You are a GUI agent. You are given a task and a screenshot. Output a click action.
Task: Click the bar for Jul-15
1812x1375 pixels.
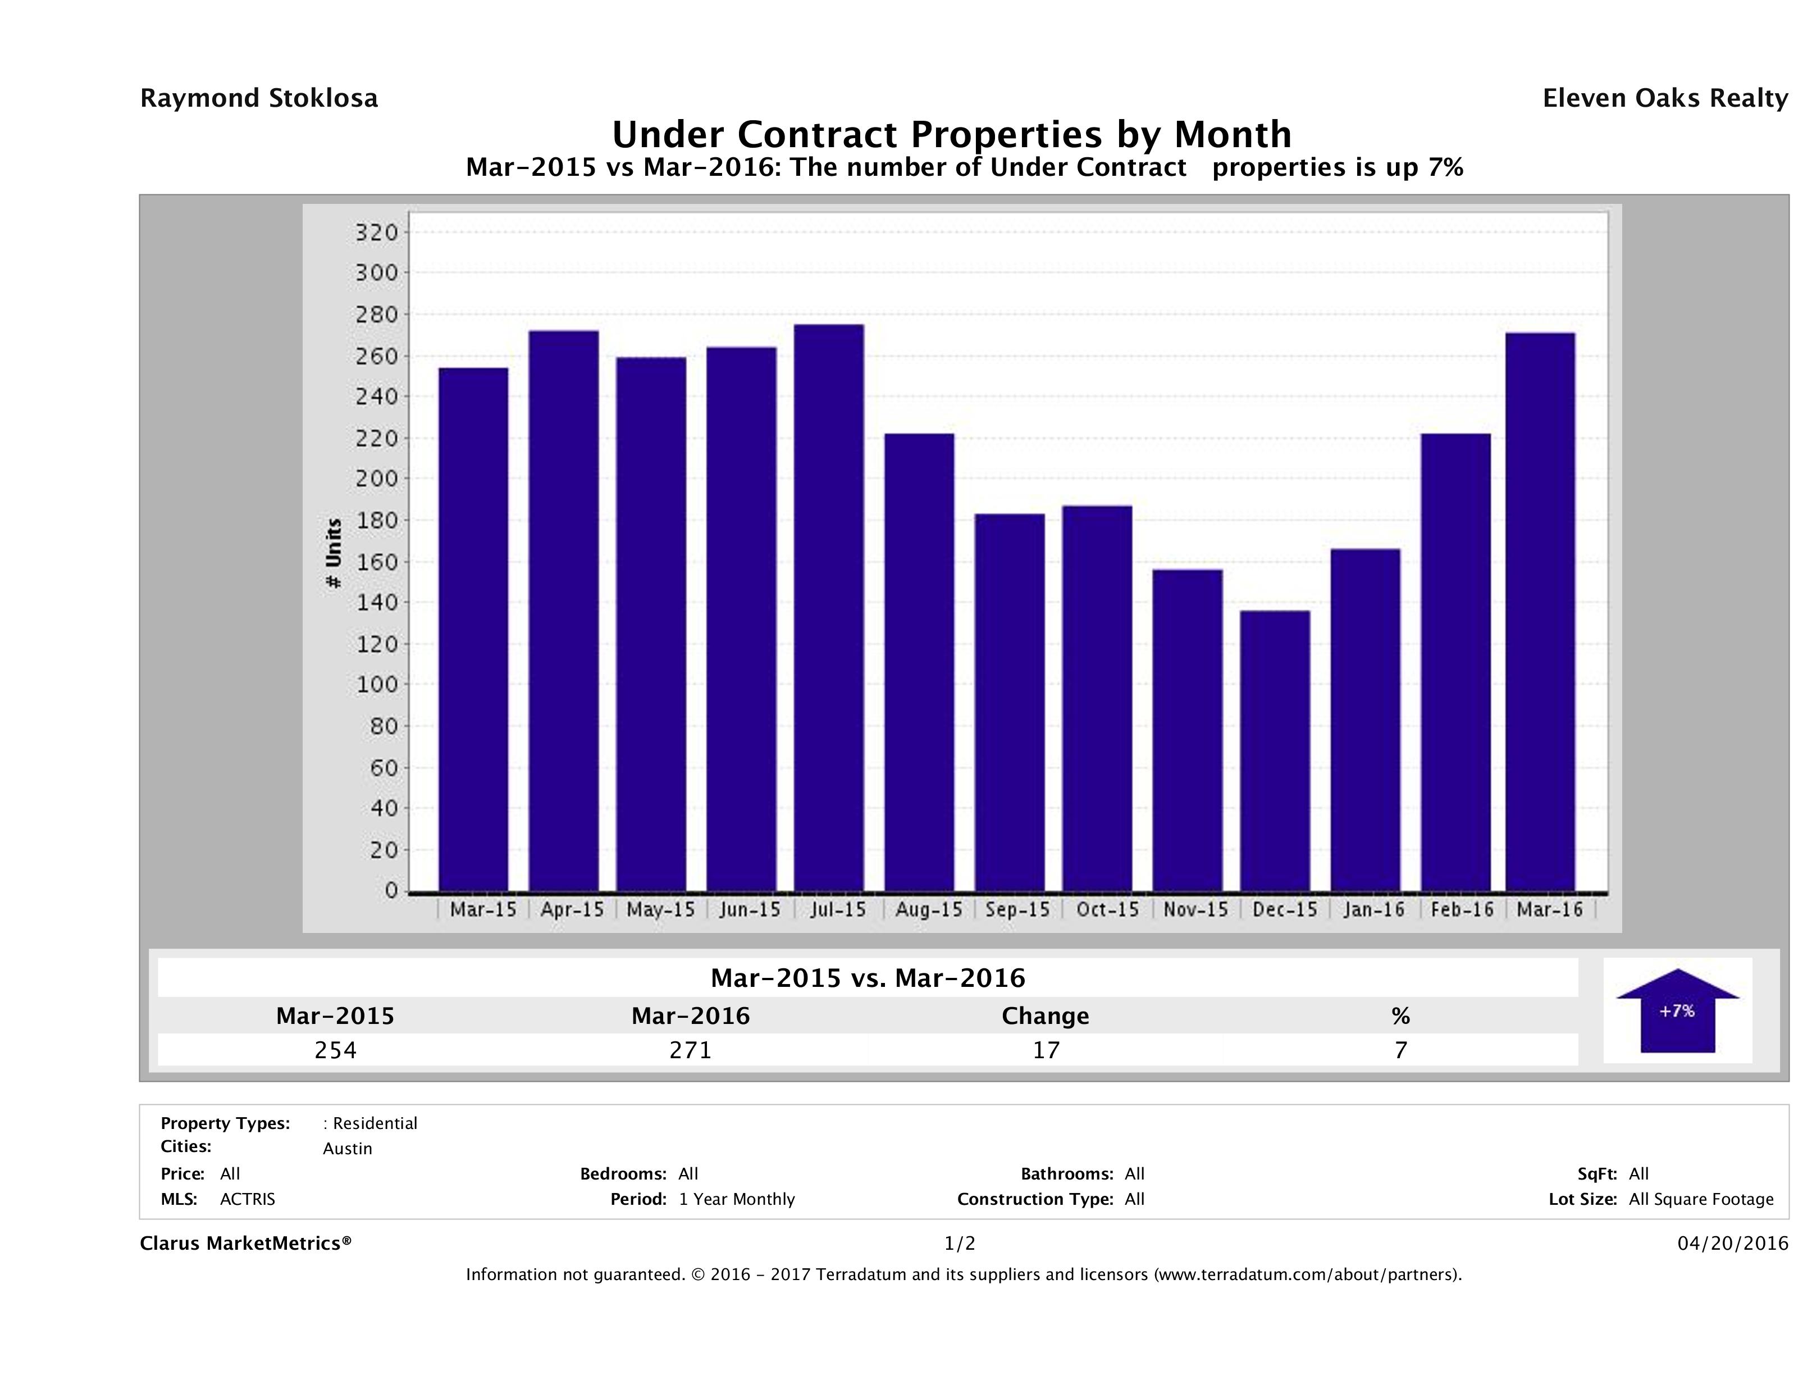(x=829, y=608)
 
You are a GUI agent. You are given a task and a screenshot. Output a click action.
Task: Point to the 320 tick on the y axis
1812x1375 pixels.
(x=377, y=233)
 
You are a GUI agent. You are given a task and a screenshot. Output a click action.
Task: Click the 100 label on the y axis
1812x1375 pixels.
(x=377, y=684)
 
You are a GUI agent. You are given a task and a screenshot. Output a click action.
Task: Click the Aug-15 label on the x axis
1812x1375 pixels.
(x=929, y=909)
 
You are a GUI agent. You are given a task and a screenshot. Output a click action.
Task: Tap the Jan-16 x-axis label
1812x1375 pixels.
(x=1374, y=909)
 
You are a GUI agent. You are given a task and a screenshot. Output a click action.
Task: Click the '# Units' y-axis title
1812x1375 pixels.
(x=334, y=553)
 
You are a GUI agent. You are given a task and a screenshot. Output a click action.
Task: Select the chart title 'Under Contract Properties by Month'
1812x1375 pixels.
(x=952, y=134)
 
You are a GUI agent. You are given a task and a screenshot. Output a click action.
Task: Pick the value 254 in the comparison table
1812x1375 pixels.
(x=336, y=1050)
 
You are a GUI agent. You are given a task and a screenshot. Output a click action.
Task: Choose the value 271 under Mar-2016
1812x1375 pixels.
(x=691, y=1050)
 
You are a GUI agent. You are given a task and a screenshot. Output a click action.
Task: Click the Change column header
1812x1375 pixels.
(x=1046, y=1016)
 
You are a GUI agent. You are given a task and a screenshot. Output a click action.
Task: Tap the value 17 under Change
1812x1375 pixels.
(x=1046, y=1050)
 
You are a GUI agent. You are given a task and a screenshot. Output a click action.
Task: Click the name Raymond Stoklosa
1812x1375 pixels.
(x=259, y=98)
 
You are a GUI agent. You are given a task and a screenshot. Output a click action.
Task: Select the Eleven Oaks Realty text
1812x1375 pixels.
(x=1664, y=98)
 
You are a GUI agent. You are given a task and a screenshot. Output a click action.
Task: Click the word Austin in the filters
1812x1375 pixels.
(x=348, y=1149)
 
